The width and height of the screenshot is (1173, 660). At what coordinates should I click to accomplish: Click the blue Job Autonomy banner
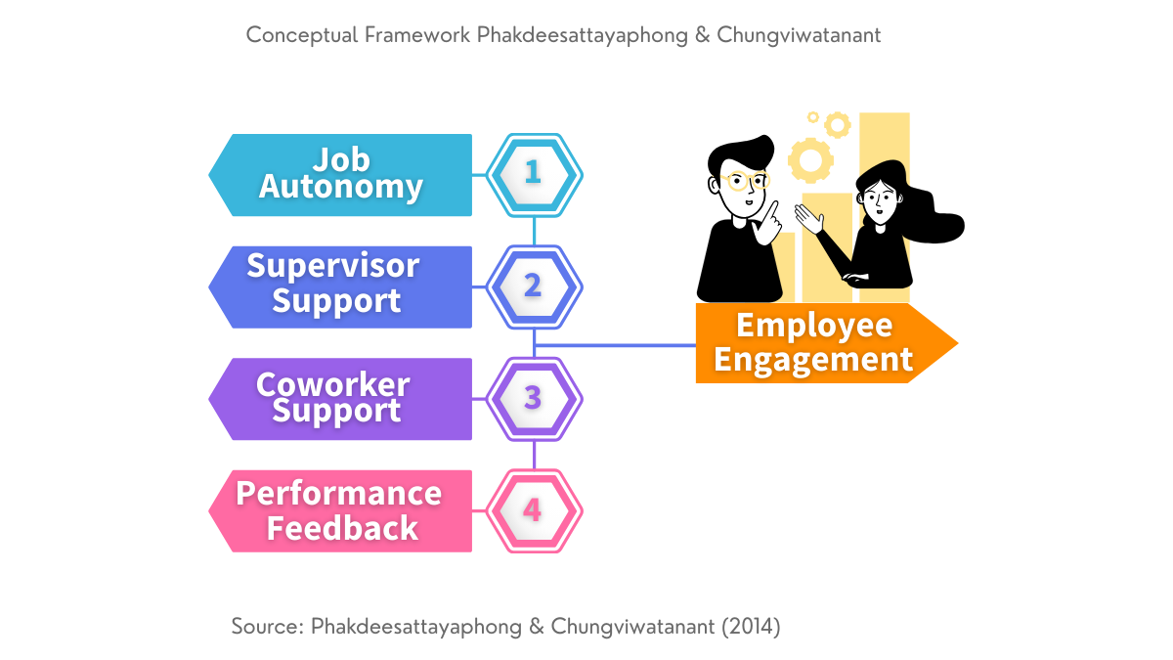[340, 175]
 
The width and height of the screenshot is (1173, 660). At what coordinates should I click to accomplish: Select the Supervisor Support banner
[340, 287]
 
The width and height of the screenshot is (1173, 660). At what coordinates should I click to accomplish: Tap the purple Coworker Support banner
[340, 399]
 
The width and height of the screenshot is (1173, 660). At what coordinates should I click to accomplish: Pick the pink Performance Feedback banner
[340, 511]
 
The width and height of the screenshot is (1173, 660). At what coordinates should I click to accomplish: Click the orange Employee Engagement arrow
[826, 343]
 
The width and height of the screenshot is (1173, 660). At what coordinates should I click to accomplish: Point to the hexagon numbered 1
[534, 175]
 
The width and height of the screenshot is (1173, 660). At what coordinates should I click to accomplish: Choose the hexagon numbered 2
[534, 287]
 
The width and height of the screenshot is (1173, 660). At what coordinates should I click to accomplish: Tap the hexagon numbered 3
[534, 399]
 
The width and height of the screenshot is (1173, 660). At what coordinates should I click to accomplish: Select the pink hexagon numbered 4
[534, 511]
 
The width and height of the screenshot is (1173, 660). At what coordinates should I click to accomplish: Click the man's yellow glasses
[746, 181]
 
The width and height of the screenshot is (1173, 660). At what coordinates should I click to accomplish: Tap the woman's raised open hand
[809, 218]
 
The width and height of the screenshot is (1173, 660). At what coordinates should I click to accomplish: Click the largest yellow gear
[810, 160]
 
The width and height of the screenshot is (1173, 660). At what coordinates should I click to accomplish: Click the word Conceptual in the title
[302, 35]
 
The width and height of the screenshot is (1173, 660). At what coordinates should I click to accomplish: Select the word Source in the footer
[267, 627]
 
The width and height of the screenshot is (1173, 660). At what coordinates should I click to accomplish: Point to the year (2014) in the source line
[752, 627]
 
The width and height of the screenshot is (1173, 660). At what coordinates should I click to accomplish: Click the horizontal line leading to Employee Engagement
[615, 345]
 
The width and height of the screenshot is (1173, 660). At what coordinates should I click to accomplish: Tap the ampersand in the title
[702, 35]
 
